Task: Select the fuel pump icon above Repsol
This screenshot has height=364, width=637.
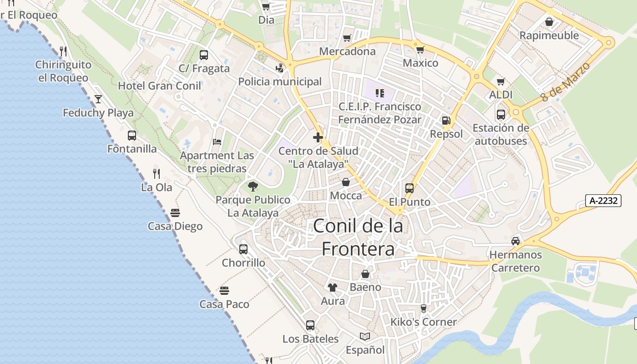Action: pos(446,121)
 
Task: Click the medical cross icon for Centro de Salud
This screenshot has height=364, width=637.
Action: pos(318,137)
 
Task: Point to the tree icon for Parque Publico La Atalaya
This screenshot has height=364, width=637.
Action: pos(253,186)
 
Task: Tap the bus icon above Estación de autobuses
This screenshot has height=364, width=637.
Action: pos(501,114)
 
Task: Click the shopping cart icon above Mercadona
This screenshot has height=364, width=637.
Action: pos(347,38)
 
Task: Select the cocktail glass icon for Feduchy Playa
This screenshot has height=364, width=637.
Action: pos(98,99)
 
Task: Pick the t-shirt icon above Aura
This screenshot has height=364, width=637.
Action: pos(333,287)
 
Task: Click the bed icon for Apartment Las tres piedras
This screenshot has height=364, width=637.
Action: pos(217,142)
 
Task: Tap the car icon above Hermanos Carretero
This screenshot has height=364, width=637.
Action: pos(516,241)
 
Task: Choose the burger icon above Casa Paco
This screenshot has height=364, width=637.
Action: pos(224,290)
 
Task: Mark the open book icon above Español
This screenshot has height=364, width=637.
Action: pos(365,336)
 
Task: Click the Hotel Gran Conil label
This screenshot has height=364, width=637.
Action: pos(159,86)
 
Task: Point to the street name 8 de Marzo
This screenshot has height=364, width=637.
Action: pos(566,82)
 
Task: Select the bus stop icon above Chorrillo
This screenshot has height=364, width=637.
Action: pos(243,249)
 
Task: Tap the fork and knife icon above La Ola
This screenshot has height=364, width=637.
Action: pos(157,173)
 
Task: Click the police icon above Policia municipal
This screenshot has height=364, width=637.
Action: pos(280,68)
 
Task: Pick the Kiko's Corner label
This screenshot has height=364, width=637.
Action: pos(423,322)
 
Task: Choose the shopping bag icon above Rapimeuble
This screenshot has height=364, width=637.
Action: pos(549,22)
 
